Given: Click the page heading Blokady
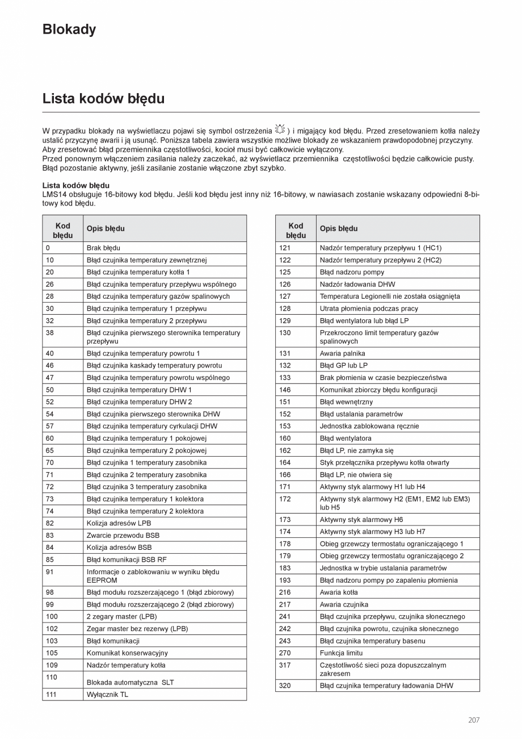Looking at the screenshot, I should pos(69,30).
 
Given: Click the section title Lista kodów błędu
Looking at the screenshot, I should pos(103,99).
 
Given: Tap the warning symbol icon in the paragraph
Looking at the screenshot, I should pos(280,130).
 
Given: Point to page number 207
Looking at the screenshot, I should pos(474,720).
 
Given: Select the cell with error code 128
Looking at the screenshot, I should pos(285,308).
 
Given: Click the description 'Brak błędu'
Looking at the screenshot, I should pos(103,248).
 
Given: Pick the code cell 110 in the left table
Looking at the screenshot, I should pos(52,677).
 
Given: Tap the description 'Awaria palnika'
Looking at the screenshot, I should pos(342,353).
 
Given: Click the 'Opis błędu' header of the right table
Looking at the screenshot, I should pos(339,229).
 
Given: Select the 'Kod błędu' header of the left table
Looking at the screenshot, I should pos(63,230).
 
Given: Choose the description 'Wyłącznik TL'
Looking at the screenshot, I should pos(107,694).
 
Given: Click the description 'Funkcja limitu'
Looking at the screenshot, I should pos(341,653).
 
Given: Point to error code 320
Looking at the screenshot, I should pos(285,686).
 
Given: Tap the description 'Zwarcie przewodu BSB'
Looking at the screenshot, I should pos(123,535).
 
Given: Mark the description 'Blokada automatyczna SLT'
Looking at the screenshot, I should pos(130,682).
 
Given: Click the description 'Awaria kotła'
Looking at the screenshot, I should pos(339,592).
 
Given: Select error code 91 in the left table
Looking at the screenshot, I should pos(50,572).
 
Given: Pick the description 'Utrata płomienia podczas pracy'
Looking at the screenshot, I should pos(369,308).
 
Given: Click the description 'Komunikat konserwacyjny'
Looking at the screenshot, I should pos(127,653).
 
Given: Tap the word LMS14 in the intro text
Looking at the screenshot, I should pos(54,195).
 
